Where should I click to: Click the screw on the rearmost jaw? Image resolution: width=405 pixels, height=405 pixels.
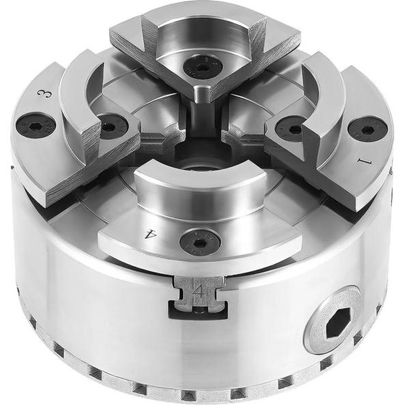(x=201, y=66)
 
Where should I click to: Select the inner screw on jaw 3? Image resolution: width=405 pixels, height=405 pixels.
(x=113, y=127)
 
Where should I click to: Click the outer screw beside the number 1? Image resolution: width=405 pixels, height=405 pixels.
(x=363, y=128)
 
